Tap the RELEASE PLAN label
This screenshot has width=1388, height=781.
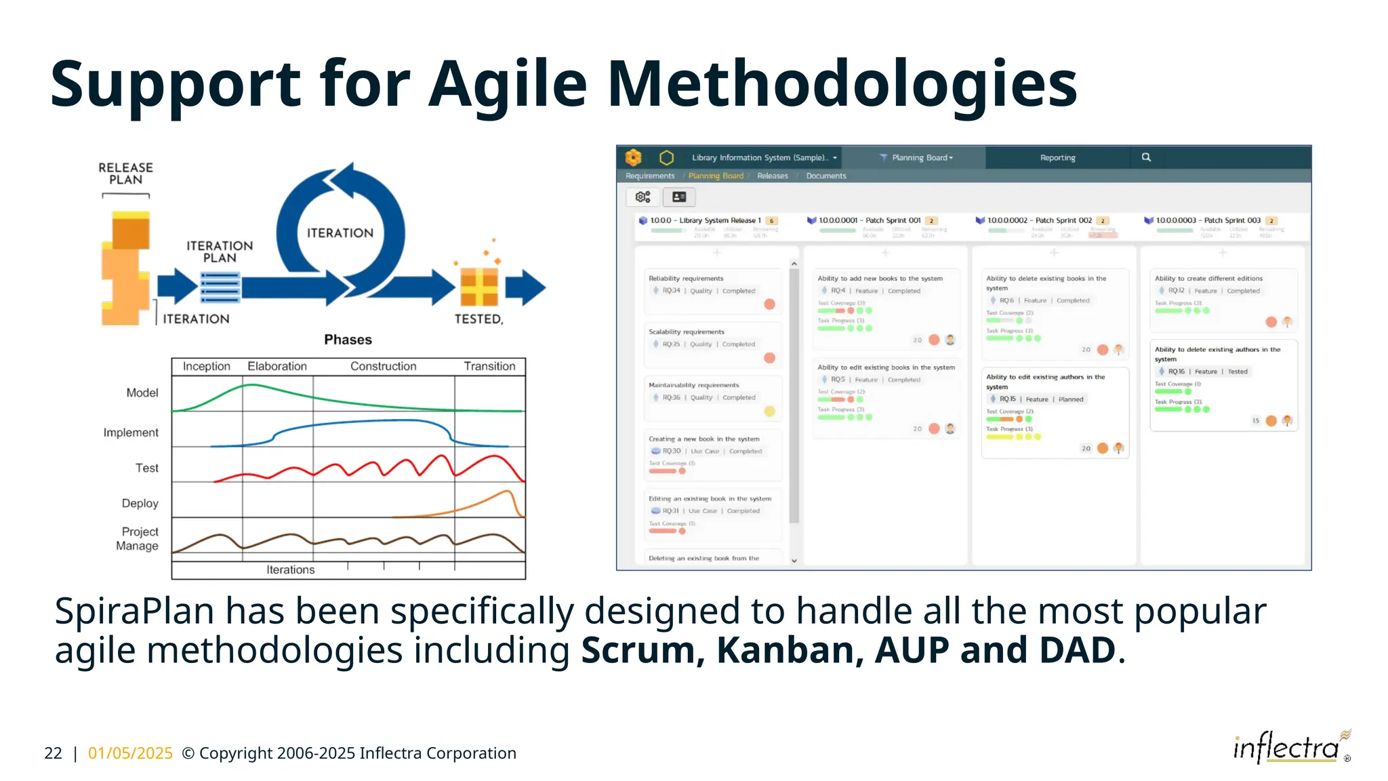coord(126,174)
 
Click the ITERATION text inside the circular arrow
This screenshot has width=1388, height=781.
coord(340,233)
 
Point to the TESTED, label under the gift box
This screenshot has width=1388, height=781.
coord(478,319)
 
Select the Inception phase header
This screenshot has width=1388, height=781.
coord(206,366)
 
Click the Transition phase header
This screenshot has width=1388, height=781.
coord(489,366)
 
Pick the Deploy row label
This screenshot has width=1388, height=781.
coord(140,503)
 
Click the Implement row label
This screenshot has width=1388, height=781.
coord(131,433)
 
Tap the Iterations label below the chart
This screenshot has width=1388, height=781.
coord(290,569)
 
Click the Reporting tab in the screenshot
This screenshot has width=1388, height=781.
coord(1057,157)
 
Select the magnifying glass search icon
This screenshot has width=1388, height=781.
coord(1146,157)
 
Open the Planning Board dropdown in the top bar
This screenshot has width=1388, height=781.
coord(921,157)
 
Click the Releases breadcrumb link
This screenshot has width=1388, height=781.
coord(772,176)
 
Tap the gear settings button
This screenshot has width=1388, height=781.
coord(642,197)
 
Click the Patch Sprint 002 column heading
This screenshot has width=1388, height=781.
coord(1039,220)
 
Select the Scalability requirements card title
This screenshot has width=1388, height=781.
coord(686,332)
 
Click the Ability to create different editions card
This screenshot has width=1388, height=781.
coord(1208,279)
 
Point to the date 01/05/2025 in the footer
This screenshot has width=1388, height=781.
coord(130,753)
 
